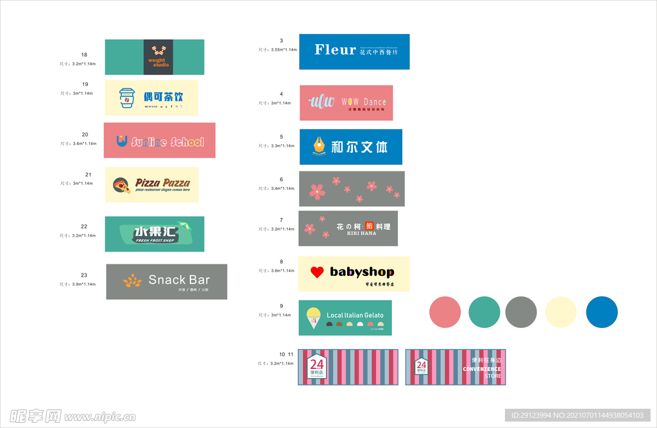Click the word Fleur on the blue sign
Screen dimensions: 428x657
(x=335, y=50)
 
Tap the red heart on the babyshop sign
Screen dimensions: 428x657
(x=317, y=272)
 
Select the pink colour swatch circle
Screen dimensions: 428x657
(x=445, y=312)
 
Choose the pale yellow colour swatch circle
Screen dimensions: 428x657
(x=561, y=312)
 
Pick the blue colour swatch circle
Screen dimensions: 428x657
(x=602, y=312)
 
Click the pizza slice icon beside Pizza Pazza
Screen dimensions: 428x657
(x=121, y=185)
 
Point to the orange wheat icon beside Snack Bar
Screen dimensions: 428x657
(x=132, y=280)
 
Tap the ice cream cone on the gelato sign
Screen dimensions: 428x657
(x=313, y=317)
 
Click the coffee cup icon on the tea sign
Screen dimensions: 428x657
(x=127, y=98)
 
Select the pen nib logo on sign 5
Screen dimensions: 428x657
(x=318, y=146)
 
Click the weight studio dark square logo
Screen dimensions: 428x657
(x=158, y=56)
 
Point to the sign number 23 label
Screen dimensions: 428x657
(x=84, y=275)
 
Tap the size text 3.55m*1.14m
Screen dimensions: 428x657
(x=284, y=50)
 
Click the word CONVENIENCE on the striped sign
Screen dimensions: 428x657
(x=482, y=369)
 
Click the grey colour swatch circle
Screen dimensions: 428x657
(x=521, y=312)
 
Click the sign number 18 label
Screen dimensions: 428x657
(x=84, y=55)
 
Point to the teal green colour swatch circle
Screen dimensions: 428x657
(x=484, y=312)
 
